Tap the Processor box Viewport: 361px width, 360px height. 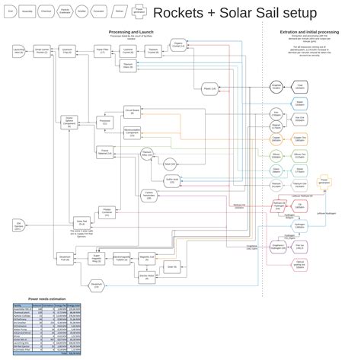pyautogui.click(x=105, y=121)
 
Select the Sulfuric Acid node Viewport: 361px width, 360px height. pyautogui.click(x=171, y=181)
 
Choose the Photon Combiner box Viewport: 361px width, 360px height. pyautogui.click(x=106, y=212)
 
